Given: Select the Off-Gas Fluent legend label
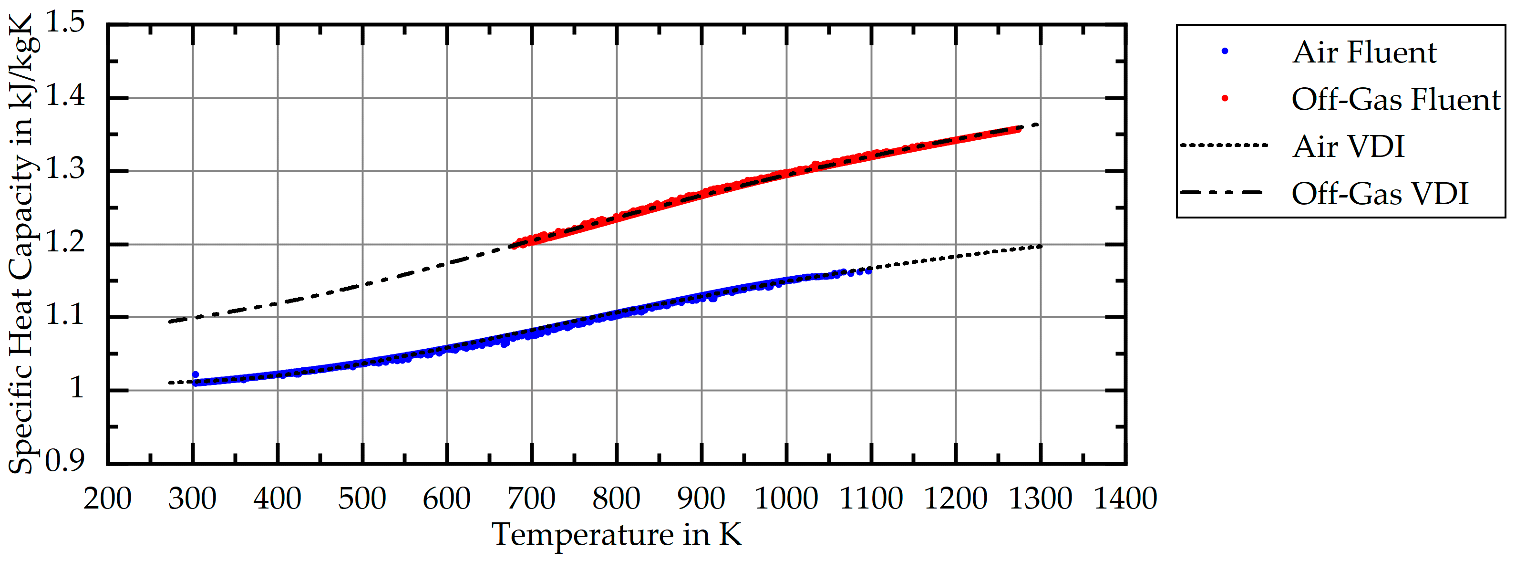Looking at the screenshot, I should click(1395, 100).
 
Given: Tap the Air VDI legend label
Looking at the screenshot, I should click(1348, 146).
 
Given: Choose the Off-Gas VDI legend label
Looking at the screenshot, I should click(1380, 194).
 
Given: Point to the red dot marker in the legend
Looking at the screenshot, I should click(1225, 98).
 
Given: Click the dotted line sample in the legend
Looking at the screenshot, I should click(1224, 145).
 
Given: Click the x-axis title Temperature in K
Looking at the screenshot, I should click(616, 534).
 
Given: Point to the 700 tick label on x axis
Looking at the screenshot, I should click(531, 499).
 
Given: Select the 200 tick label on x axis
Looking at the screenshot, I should click(107, 499).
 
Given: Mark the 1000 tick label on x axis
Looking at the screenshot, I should click(786, 499).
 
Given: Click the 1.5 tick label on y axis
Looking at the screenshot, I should click(65, 23).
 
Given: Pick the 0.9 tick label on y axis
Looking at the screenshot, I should click(65, 461).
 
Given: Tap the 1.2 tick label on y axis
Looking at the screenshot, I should click(65, 242).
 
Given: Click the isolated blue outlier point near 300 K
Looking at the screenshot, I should click(196, 375).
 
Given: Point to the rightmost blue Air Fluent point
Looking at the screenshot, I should click(869, 271).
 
